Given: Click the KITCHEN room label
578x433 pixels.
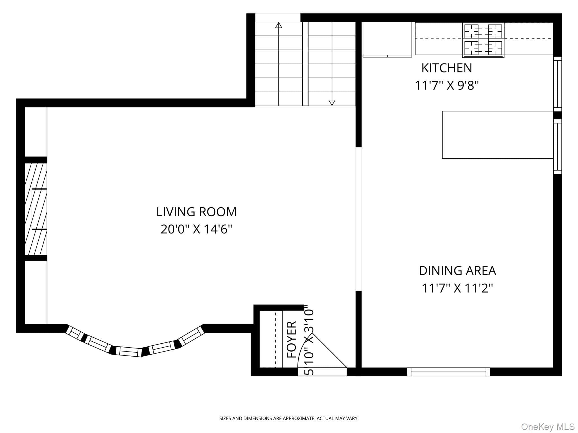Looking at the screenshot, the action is pos(446,68).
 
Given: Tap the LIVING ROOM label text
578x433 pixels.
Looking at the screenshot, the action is pos(196,212).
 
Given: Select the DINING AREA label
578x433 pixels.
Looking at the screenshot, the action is pos(457,271).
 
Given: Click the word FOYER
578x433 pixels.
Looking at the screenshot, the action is pos(292,339).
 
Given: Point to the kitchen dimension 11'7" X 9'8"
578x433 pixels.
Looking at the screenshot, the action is pos(447,85).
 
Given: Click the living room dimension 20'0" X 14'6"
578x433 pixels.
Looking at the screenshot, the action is pos(196,229).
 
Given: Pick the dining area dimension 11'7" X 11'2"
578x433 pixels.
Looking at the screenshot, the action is pos(457,288).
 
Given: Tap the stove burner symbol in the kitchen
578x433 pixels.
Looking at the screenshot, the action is pos(483,40).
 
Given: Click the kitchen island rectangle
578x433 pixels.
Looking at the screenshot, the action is pos(498,135).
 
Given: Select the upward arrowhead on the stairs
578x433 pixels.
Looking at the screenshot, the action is pos(279,25).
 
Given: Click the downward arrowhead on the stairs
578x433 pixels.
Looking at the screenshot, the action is pos(332,103).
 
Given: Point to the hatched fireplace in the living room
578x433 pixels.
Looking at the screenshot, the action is pos(36,209).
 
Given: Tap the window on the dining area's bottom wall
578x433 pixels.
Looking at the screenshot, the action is pos(448,372).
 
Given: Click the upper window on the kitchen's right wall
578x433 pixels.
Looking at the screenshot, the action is pos(557,84).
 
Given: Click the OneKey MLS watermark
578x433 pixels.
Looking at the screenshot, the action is pos(548,427).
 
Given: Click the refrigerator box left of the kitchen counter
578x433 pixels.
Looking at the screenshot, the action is pos(387,39).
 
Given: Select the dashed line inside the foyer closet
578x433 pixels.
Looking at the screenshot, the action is pos(275,339).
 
